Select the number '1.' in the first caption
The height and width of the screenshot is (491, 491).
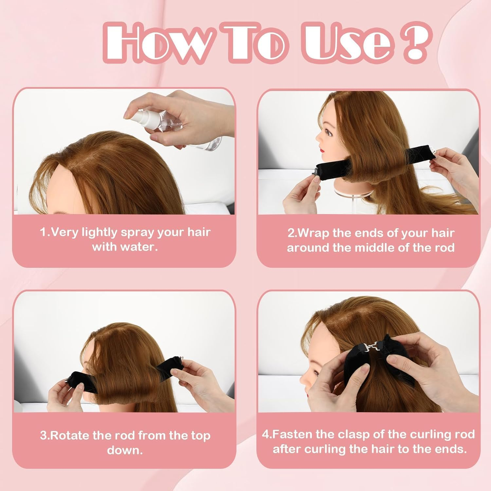(x=45, y=232)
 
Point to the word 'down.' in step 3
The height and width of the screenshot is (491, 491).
(x=125, y=450)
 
